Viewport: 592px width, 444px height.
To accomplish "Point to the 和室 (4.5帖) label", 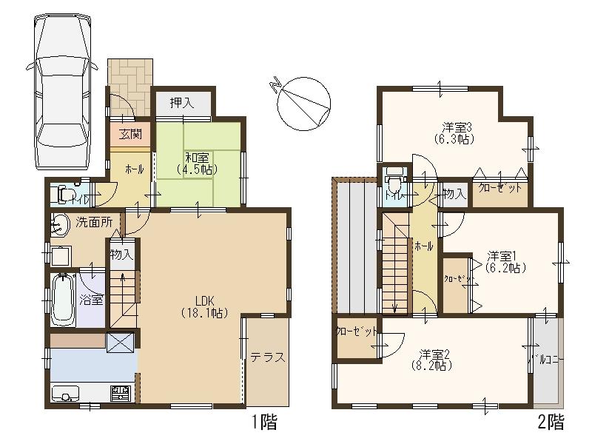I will (x=196, y=163).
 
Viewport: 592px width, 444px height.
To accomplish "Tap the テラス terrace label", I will (x=267, y=357).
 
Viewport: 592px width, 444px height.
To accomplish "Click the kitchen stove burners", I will (x=120, y=393).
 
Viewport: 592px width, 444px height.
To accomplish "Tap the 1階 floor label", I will (x=264, y=423).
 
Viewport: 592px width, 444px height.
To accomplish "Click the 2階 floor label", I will (x=551, y=423).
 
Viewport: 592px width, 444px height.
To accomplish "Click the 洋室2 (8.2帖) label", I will (x=434, y=360).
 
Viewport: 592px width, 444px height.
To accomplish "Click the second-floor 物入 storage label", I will (x=454, y=194).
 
